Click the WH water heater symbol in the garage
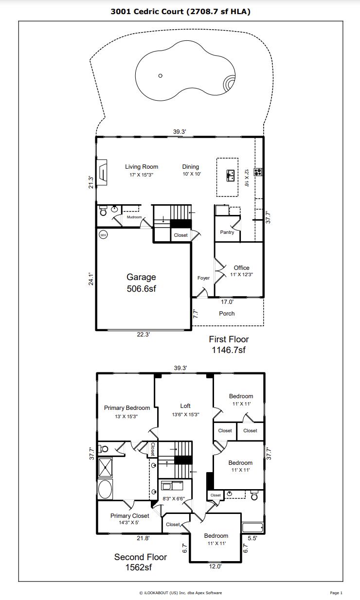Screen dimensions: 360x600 103,235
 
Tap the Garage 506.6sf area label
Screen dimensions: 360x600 141,283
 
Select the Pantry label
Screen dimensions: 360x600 227,232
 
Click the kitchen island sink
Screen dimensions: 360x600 231,176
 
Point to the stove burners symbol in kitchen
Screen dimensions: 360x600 258,172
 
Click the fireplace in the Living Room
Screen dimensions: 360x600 102,172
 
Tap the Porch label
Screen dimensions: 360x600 227,314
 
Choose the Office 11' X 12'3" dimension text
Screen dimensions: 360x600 241,275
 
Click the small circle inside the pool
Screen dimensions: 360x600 161,76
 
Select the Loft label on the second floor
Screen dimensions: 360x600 185,406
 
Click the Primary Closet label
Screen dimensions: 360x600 130,515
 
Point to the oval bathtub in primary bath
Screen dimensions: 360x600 105,489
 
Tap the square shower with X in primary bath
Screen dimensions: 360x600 106,467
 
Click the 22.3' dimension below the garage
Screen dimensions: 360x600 144,335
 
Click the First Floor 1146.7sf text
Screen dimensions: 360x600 229,344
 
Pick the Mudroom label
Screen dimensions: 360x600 134,217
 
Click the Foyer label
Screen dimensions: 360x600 203,278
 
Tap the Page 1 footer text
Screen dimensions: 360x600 336,593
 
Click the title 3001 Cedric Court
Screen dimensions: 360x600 147,12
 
